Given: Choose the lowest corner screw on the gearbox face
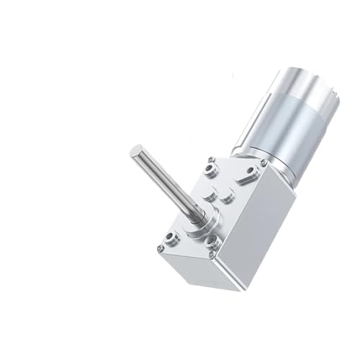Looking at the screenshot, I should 210,253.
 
